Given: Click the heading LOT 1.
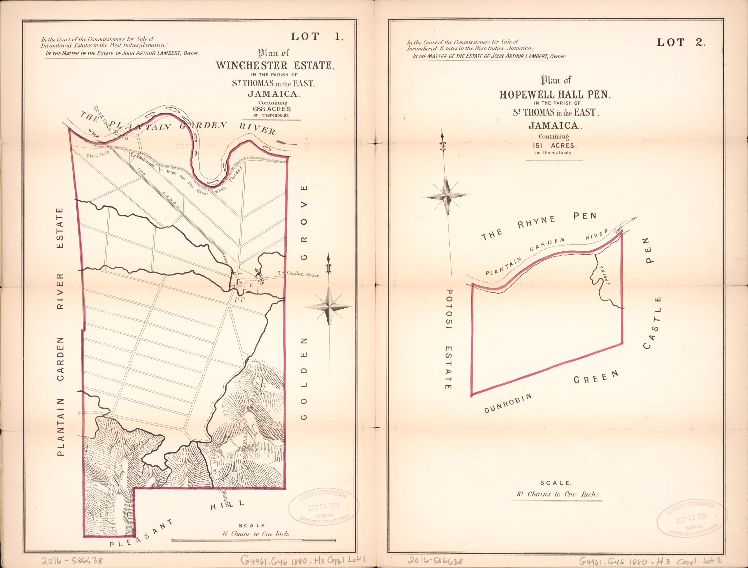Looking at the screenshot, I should click(317, 46).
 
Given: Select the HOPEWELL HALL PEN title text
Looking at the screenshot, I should click(555, 94).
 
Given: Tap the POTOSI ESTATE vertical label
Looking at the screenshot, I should click(449, 339).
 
